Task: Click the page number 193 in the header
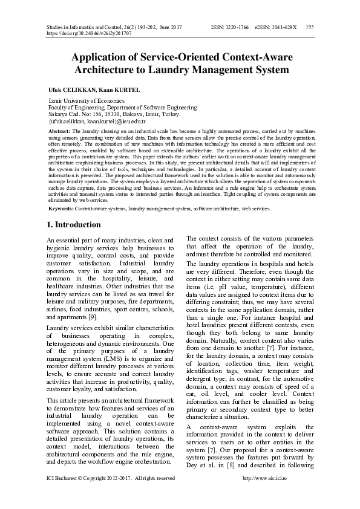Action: pos(309,27)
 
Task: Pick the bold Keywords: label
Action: pos(61,207)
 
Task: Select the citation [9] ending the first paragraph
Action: pos(93,317)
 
